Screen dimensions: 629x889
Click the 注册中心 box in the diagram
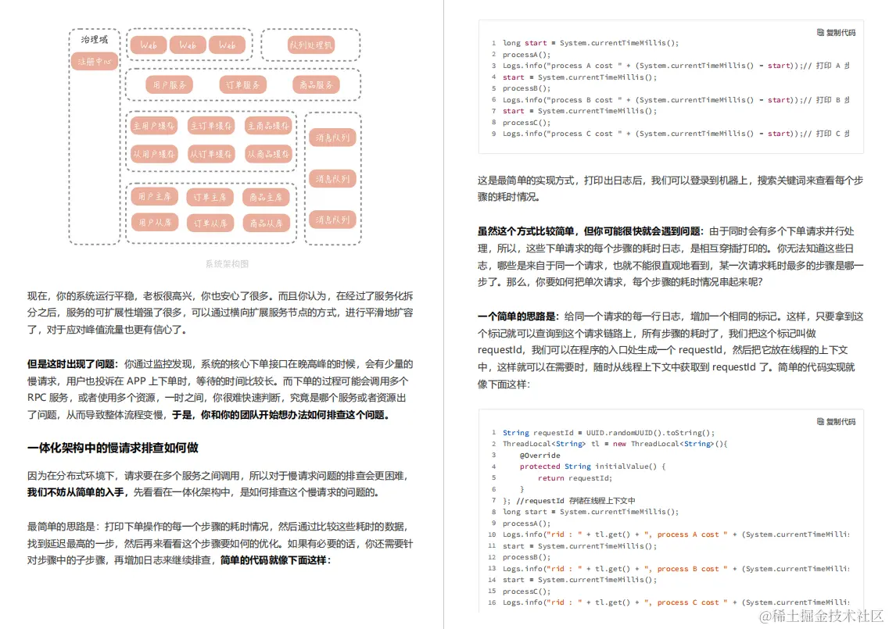[x=95, y=61]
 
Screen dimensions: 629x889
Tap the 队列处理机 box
[x=310, y=45]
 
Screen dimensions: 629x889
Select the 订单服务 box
[x=242, y=84]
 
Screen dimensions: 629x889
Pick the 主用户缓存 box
[x=153, y=126]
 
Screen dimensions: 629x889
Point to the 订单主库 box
[x=210, y=197]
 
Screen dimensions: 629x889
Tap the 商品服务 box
[x=316, y=84]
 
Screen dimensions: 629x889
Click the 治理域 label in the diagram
[x=95, y=39]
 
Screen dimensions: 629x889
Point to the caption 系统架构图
[x=227, y=264]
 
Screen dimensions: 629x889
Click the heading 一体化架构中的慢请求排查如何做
[x=113, y=448]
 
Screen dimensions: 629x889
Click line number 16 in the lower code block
[x=493, y=602]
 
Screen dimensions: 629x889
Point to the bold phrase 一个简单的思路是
[x=518, y=316]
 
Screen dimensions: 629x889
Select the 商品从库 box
[x=266, y=223]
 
